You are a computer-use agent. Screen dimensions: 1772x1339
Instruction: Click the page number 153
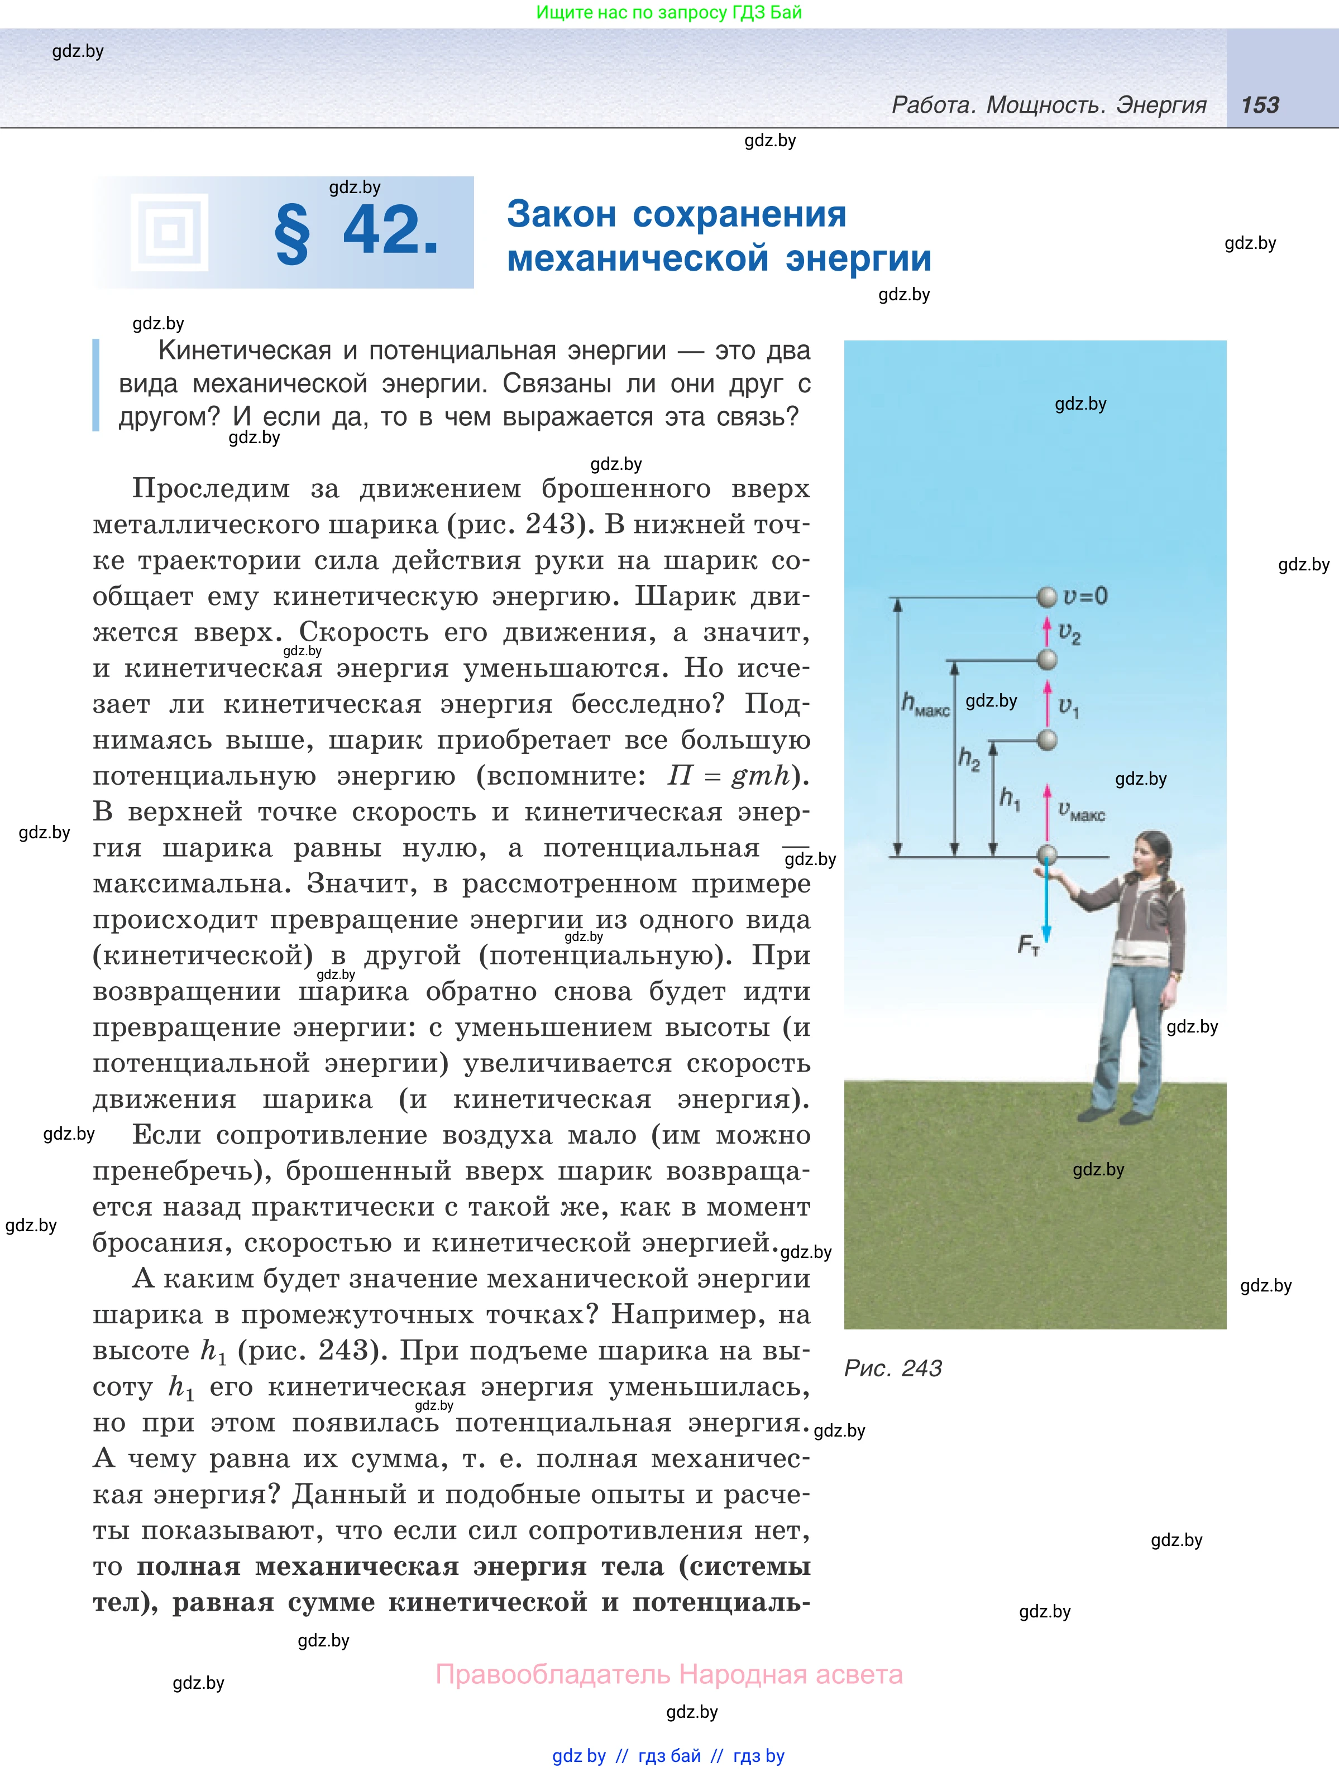1260,105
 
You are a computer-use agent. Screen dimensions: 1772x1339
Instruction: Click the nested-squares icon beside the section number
169,232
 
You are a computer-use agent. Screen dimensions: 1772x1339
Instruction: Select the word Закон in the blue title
561,215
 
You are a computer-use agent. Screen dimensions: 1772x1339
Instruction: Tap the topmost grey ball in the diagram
1046,597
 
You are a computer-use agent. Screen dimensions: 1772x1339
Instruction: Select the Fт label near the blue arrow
1028,946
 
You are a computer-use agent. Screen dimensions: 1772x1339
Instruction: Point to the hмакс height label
925,705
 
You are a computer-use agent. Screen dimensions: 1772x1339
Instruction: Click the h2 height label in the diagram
969,758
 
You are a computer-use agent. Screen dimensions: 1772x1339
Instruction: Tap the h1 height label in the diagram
1010,798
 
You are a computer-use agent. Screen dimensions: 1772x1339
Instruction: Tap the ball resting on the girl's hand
1046,855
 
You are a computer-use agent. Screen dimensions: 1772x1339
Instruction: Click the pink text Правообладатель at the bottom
552,1674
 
